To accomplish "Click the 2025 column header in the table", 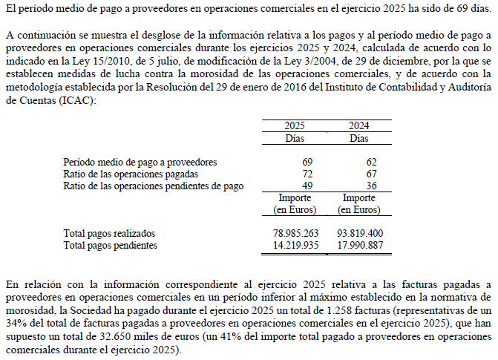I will coord(295,126).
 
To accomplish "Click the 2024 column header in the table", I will coord(359,126).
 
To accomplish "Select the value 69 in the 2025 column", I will coord(307,162).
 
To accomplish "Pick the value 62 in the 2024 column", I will coord(371,162).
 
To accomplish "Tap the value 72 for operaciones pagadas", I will coord(307,174).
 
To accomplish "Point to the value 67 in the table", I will coord(371,174).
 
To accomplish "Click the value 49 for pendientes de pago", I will coord(307,186).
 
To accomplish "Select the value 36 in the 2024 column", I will coord(371,186).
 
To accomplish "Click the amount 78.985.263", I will coord(296,233).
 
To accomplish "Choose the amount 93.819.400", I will coord(360,233).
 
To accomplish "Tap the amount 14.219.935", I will coord(296,244).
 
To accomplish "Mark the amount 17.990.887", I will coord(360,244).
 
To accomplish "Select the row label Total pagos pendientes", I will coord(110,244).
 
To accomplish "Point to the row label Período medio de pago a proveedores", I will coord(140,162).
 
